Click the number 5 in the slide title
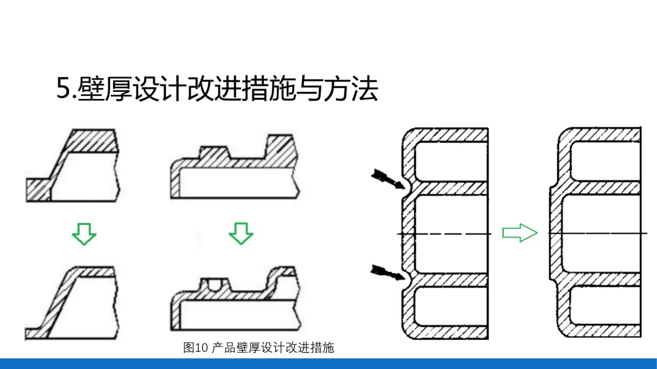click(64, 89)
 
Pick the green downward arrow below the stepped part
click(242, 233)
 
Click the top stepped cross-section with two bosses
click(234, 167)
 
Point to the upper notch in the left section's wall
click(405, 188)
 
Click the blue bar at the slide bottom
click(328, 364)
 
